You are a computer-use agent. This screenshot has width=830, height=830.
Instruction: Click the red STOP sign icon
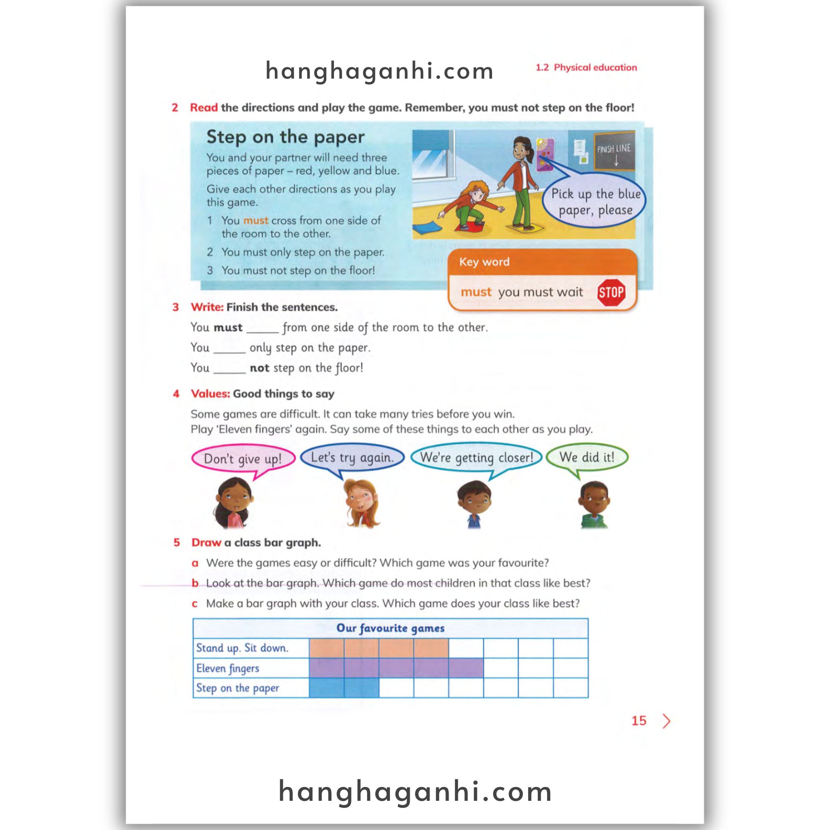(x=611, y=293)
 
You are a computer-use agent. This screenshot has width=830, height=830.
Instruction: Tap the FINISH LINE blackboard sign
(x=614, y=152)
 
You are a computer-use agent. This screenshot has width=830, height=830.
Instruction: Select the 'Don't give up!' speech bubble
(x=243, y=458)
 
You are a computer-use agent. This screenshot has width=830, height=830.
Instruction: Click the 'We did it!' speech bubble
(x=586, y=457)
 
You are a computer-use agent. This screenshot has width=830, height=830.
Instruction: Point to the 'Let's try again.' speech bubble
(x=352, y=457)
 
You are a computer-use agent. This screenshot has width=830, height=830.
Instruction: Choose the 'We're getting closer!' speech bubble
(x=477, y=458)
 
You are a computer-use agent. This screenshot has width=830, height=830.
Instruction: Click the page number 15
(x=638, y=721)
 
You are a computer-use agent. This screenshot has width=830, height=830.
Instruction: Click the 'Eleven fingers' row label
(x=228, y=668)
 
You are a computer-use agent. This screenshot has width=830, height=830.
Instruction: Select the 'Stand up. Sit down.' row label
(x=242, y=648)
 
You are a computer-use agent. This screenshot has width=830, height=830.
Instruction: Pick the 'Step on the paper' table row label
(x=237, y=688)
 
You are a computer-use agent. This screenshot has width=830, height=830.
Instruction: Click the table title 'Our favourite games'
(x=390, y=628)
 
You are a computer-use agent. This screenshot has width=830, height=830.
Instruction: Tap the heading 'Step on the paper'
(x=285, y=137)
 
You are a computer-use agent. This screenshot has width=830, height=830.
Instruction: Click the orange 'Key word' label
(x=484, y=262)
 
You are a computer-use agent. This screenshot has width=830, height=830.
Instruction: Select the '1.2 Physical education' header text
(x=586, y=67)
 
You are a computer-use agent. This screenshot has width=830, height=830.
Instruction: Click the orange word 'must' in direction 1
(x=256, y=220)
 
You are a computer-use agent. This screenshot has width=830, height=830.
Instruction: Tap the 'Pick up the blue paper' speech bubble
(x=595, y=201)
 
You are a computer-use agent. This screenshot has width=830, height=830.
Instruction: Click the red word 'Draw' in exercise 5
(x=206, y=543)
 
